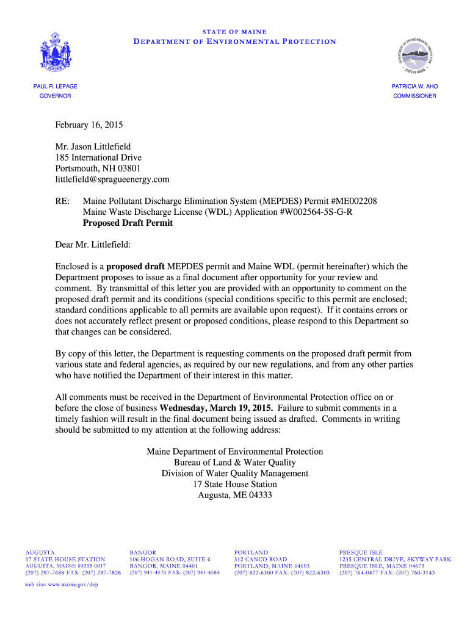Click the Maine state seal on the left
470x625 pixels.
click(55, 52)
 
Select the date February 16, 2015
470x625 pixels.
click(89, 125)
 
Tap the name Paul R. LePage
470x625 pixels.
click(55, 87)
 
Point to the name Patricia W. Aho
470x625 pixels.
click(414, 87)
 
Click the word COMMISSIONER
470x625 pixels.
click(414, 96)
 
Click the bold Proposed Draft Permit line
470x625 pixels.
click(128, 223)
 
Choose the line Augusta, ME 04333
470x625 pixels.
click(234, 495)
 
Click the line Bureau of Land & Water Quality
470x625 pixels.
click(234, 463)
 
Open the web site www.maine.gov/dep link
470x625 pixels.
click(61, 584)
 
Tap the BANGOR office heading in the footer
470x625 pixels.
click(142, 552)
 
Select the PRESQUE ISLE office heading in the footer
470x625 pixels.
click(361, 552)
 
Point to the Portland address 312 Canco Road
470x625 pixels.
click(260, 559)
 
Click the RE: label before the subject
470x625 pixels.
click(63, 201)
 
